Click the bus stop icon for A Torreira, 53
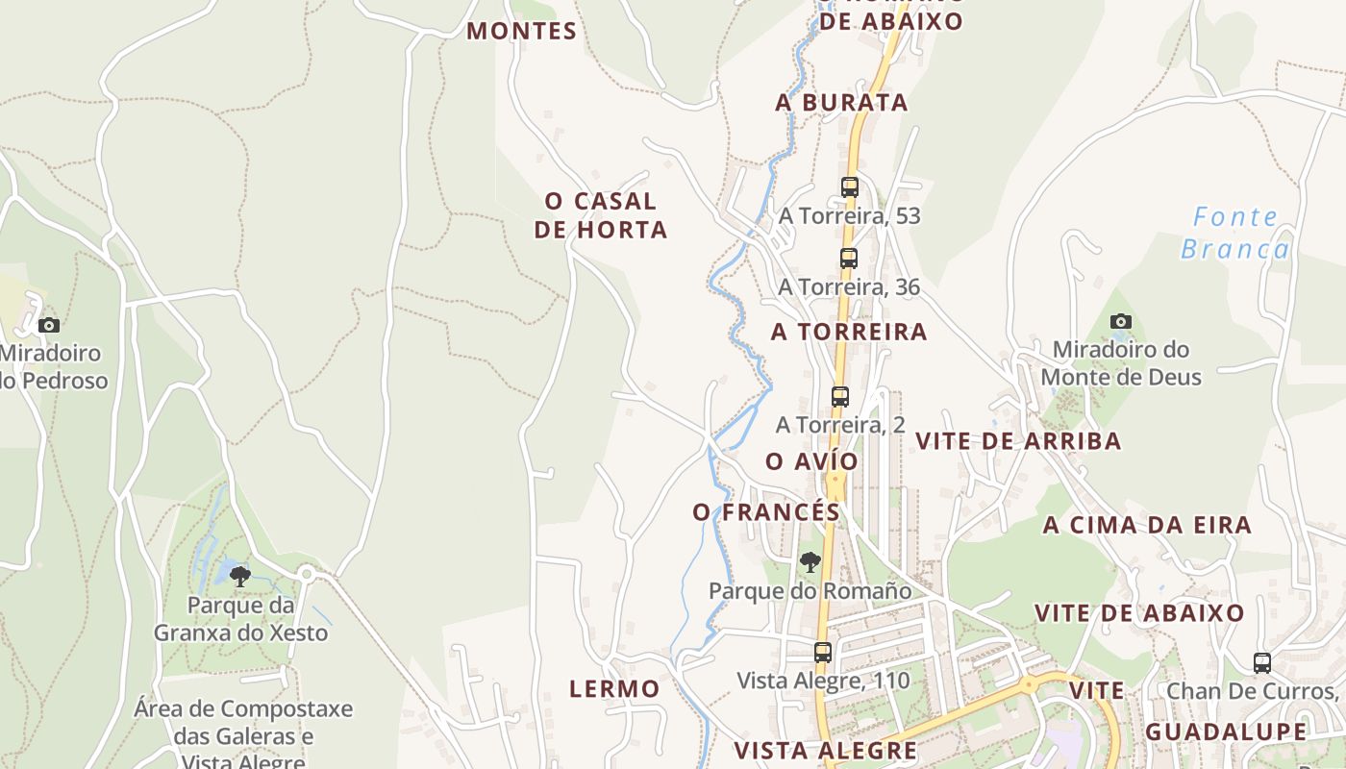tap(850, 187)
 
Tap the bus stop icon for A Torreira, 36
tap(848, 258)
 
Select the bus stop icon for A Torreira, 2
tap(840, 396)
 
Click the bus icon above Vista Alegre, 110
tap(823, 652)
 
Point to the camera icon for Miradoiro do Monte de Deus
tap(1120, 322)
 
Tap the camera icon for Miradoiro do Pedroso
tap(49, 325)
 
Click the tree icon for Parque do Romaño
tap(810, 562)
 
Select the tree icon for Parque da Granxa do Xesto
tap(240, 577)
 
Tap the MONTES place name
tap(522, 31)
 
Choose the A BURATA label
tap(841, 102)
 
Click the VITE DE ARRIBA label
tap(1018, 441)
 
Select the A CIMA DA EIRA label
tap(1147, 525)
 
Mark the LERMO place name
tap(614, 688)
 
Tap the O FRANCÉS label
tap(766, 512)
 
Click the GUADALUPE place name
tap(1226, 732)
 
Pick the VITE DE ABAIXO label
tap(1139, 612)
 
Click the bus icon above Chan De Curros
tap(1261, 662)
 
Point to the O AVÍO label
tap(811, 461)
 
